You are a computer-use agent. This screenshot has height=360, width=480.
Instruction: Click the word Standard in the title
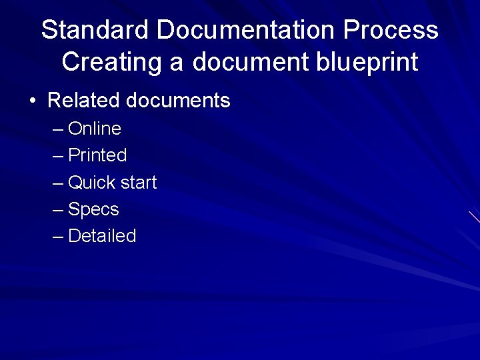(x=95, y=30)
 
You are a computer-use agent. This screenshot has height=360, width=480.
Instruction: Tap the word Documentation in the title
(x=246, y=30)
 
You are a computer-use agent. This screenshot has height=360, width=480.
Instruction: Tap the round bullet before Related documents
(x=32, y=101)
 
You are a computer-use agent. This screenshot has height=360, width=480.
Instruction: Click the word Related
(x=84, y=101)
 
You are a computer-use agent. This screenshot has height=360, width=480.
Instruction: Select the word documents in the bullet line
(x=178, y=101)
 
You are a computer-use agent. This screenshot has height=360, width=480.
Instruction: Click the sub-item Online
(x=95, y=128)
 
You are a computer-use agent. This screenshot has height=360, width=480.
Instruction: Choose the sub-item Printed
(x=97, y=155)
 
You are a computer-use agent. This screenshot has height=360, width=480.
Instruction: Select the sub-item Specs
(x=93, y=209)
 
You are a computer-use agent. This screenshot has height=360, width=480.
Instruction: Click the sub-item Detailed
(x=102, y=236)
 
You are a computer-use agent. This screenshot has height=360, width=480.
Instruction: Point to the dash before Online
(x=58, y=129)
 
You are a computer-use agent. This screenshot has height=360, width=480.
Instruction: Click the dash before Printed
(x=58, y=156)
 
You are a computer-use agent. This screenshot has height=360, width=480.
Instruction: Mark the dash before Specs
(x=58, y=210)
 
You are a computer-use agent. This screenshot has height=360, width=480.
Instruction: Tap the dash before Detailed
(x=58, y=237)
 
